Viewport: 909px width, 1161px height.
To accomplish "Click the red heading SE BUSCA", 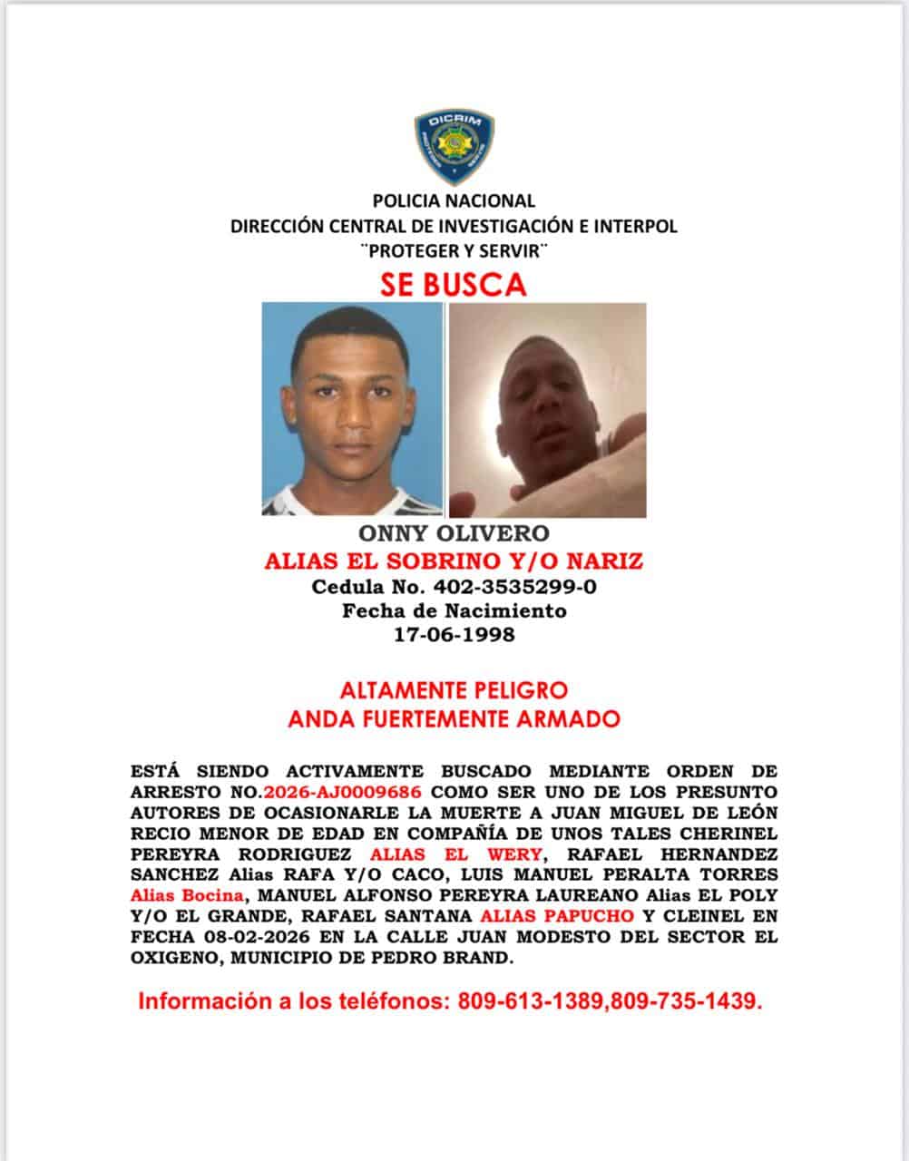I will point(454,285).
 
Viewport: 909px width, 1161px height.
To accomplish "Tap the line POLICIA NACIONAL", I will point(454,200).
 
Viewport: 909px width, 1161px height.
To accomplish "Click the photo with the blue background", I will point(352,409).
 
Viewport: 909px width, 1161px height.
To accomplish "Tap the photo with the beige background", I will point(547,409).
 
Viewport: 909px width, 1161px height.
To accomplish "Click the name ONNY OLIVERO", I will point(454,534).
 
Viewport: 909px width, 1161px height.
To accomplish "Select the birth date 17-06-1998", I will point(454,634).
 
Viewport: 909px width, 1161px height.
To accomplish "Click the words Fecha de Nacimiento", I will point(454,610).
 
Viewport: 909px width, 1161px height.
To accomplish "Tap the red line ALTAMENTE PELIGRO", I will point(454,690).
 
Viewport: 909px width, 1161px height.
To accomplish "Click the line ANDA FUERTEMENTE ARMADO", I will point(454,719).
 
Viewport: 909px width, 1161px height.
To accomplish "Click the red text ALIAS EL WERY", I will point(456,854).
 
